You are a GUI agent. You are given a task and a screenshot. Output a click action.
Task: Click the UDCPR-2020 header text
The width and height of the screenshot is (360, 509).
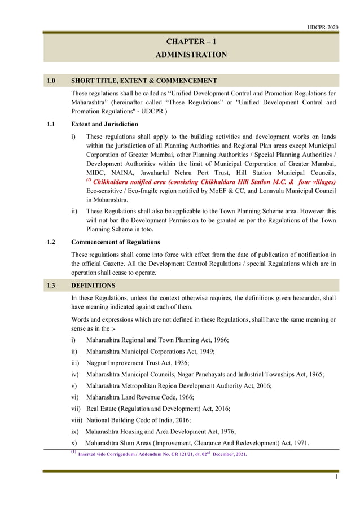[x=323, y=27]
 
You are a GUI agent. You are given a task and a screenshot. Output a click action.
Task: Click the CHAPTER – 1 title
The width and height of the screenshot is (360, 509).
[x=191, y=42]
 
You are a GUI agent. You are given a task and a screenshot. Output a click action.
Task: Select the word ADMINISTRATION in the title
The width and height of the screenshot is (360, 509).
[x=191, y=55]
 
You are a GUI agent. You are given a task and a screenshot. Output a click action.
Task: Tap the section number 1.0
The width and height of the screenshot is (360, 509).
[x=51, y=81]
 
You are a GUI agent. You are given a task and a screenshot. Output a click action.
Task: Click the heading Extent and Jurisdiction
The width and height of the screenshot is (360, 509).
[x=104, y=124]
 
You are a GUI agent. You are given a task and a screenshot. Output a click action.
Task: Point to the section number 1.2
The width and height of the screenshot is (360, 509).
[x=51, y=242]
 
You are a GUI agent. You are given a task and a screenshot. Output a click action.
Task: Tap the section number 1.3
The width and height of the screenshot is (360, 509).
[x=51, y=286]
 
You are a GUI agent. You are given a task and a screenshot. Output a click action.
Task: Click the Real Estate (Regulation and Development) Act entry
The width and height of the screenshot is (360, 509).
[x=157, y=409]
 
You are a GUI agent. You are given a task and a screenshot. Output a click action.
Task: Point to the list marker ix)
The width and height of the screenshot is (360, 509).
[x=75, y=431]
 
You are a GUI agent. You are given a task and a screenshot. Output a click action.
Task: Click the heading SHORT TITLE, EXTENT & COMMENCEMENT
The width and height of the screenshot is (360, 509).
[x=144, y=81]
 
